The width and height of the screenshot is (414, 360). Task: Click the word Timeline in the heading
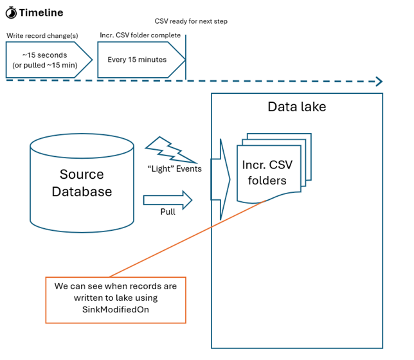click(41, 12)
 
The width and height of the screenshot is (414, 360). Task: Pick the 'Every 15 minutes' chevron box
click(138, 60)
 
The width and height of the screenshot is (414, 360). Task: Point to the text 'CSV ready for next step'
click(191, 22)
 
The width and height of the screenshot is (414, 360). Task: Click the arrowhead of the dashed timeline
click(379, 82)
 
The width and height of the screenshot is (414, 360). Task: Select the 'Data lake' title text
click(297, 107)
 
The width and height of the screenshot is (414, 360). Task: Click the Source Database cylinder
click(82, 183)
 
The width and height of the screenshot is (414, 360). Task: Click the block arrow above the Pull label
click(168, 199)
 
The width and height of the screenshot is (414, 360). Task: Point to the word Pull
click(167, 213)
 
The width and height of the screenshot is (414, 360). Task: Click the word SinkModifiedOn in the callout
click(116, 309)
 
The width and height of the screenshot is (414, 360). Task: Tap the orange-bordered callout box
click(116, 300)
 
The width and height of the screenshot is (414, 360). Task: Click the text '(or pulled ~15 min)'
click(42, 66)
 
